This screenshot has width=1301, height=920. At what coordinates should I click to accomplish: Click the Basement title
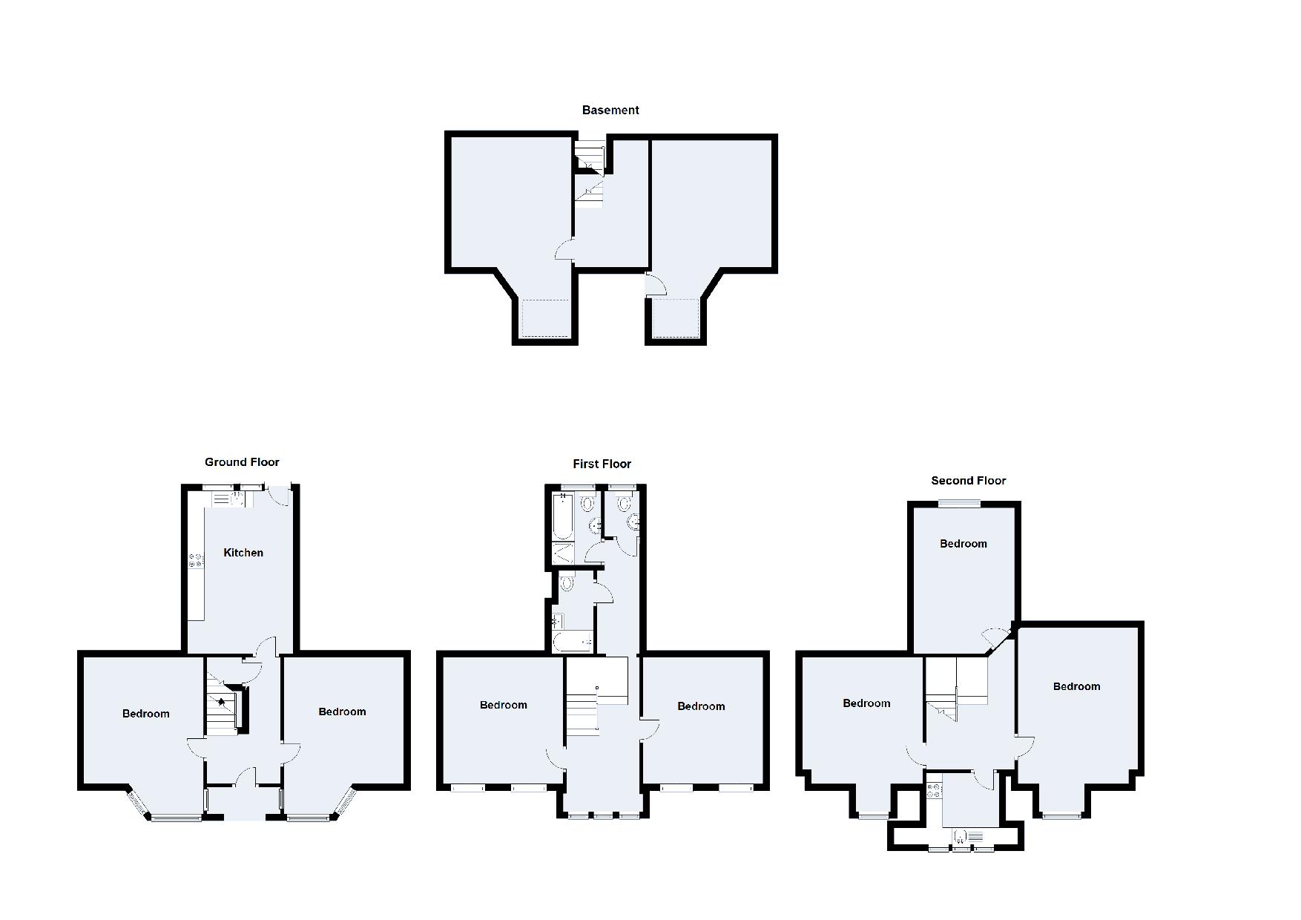610,110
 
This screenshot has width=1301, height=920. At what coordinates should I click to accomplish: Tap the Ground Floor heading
242,461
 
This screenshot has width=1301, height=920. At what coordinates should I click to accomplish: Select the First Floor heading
602,464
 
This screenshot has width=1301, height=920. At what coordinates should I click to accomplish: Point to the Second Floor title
969,481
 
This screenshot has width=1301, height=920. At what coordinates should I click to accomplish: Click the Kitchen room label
243,553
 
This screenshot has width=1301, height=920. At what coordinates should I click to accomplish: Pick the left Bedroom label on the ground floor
146,714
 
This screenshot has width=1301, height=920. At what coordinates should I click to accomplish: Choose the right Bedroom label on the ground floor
342,712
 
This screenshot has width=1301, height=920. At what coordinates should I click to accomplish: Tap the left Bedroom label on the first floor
504,705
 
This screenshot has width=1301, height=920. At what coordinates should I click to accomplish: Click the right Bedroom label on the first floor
701,706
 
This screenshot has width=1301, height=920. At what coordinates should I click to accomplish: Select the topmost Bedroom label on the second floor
964,544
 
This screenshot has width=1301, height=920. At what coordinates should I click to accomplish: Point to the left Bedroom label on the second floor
866,703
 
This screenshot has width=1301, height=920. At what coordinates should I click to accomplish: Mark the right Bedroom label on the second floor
1077,686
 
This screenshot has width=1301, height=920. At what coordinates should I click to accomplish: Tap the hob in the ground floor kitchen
196,560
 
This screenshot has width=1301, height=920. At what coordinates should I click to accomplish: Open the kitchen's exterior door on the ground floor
280,496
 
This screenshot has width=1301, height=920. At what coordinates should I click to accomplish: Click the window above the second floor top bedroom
959,504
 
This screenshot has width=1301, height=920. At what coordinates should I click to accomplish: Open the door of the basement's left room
564,249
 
